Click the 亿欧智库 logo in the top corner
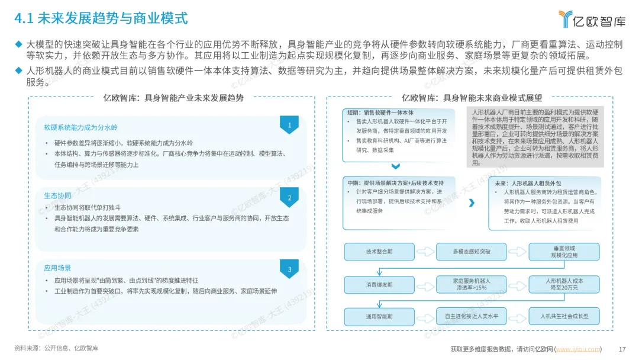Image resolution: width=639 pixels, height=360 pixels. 592,19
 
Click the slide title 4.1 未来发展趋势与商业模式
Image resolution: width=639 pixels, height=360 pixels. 101,18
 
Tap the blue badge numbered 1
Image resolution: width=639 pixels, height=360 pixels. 289,125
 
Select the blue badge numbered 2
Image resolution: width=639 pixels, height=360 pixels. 289,197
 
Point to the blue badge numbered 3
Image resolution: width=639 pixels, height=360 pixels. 289,269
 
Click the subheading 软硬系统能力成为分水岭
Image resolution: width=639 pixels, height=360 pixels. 80,128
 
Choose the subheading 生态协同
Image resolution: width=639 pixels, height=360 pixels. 57,196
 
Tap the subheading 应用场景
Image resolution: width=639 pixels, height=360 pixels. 57,268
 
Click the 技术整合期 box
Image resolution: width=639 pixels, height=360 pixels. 379,252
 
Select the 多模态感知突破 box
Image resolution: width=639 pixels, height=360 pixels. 472,252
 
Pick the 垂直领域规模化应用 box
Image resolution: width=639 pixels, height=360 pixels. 564,252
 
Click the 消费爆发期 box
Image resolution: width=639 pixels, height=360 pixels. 379,285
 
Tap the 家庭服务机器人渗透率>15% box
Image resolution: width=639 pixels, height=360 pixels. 472,285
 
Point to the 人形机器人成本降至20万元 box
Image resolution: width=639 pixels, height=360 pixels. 564,285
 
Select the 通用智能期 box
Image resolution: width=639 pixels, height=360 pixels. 379,316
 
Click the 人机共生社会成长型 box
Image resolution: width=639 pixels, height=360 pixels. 564,316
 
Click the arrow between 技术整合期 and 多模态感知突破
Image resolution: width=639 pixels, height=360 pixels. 425,252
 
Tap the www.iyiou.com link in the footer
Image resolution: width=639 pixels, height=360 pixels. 578,349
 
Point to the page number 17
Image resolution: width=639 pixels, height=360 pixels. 622,349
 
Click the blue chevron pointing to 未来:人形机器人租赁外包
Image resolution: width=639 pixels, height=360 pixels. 472,202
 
